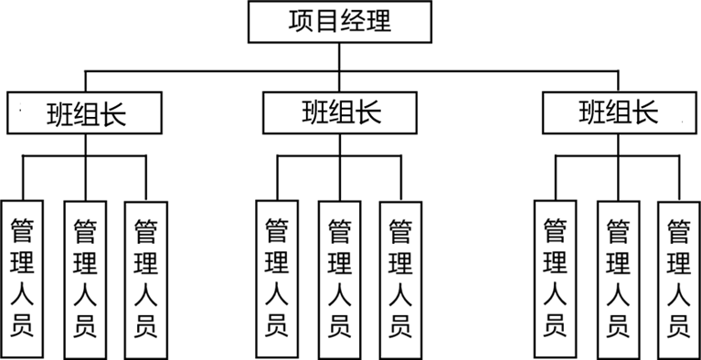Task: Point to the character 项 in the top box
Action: (x=301, y=21)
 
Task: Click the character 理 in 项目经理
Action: (x=379, y=21)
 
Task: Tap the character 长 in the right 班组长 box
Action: (x=645, y=111)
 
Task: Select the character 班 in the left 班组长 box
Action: (x=59, y=114)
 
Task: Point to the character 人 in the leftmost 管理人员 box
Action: (x=22, y=294)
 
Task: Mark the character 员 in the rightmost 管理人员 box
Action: (x=679, y=326)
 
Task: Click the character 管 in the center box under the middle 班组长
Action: (x=340, y=231)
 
